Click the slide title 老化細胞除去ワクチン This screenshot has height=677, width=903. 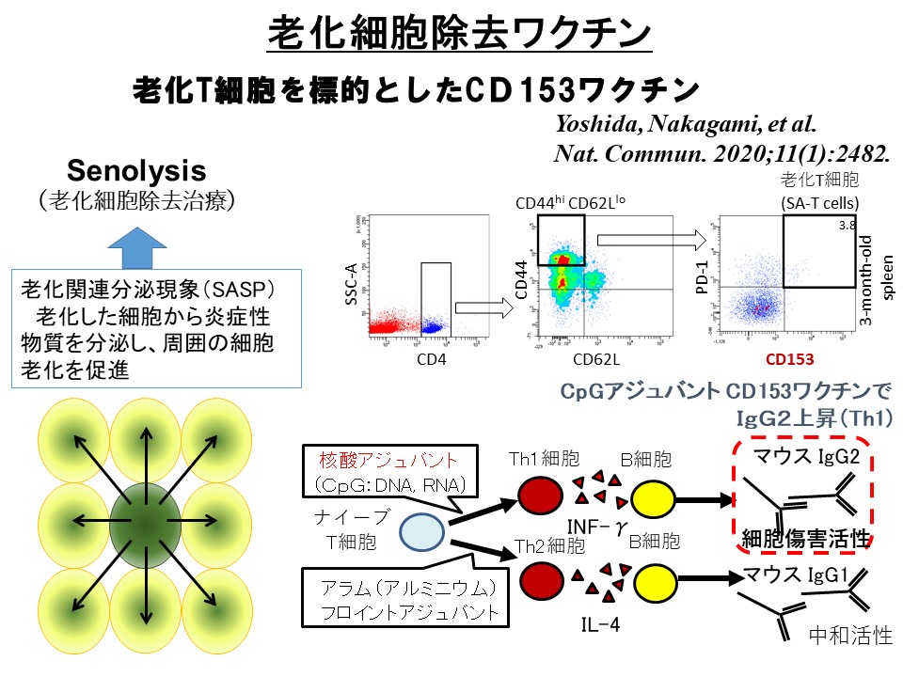[459, 34]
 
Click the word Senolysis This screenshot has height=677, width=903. [135, 171]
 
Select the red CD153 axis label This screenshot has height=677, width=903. [788, 357]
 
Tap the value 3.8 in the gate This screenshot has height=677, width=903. [846, 226]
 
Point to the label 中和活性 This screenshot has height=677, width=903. [850, 636]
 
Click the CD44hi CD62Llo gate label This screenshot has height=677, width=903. [568, 202]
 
